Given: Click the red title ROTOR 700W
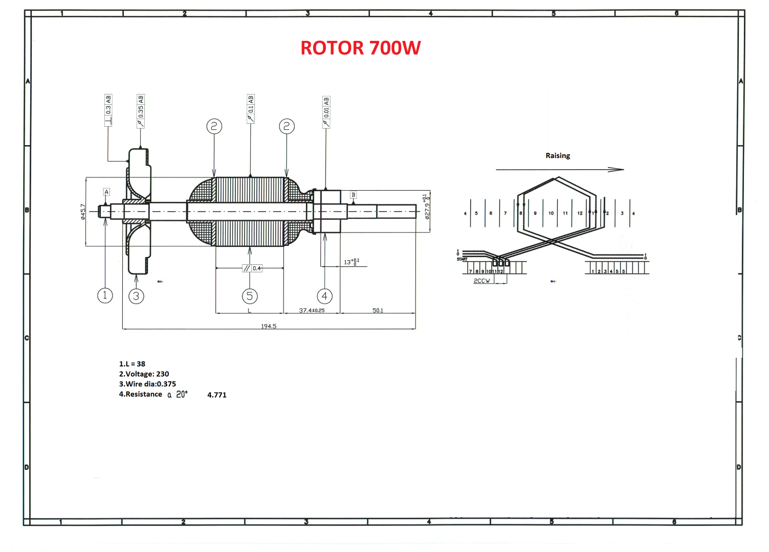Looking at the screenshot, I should [360, 48].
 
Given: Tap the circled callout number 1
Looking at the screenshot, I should [105, 295].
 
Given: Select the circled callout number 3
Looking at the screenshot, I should [136, 296].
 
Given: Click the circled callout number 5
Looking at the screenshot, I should [250, 296].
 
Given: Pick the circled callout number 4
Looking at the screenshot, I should [324, 296].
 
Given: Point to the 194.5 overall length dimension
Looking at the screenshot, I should [269, 326].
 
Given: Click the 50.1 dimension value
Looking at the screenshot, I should [378, 310].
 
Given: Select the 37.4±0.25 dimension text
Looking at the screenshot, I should [312, 310].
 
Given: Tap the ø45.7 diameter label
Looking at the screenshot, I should [83, 212].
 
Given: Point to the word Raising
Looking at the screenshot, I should [558, 155].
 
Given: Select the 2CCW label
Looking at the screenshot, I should [481, 281].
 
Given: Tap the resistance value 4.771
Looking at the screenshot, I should [217, 395].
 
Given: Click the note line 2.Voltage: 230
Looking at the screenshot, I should [144, 374].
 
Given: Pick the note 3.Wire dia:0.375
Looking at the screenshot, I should [147, 384].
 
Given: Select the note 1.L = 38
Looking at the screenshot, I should [132, 364].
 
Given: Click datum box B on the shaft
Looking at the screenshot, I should [353, 195].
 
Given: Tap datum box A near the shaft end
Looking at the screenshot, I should [106, 192].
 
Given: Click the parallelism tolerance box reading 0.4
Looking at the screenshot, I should [252, 268].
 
